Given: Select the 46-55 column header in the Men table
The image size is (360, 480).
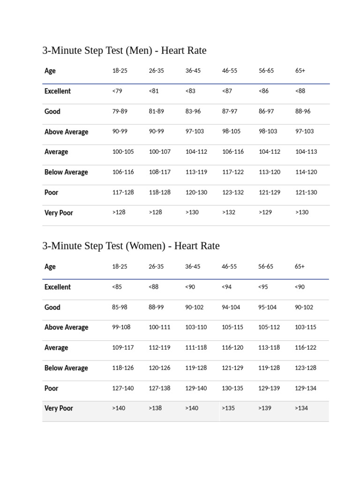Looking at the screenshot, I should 230,71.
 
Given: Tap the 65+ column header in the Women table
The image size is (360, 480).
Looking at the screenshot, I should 300,267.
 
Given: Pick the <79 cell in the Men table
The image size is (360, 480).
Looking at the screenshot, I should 117,91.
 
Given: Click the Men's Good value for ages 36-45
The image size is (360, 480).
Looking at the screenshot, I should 193,112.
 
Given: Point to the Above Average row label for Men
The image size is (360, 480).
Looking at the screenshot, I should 66,132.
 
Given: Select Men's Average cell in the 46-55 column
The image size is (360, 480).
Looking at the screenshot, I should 233,152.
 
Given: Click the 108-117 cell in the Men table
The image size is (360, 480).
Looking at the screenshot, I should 160,172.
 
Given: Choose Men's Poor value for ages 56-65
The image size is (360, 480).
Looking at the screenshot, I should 270,192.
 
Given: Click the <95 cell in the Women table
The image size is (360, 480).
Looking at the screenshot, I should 263,287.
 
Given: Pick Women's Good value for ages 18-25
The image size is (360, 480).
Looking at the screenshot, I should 120,307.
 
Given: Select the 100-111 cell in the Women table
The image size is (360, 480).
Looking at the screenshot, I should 160,327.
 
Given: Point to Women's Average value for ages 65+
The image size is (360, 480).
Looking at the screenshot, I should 306,348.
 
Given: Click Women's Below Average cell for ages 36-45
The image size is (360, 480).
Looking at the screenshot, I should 196,368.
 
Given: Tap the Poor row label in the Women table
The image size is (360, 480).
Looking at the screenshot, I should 52,388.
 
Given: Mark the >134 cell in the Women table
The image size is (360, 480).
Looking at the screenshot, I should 301,408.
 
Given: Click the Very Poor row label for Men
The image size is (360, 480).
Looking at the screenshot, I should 59,213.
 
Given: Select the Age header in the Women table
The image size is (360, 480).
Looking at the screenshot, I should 50,267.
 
